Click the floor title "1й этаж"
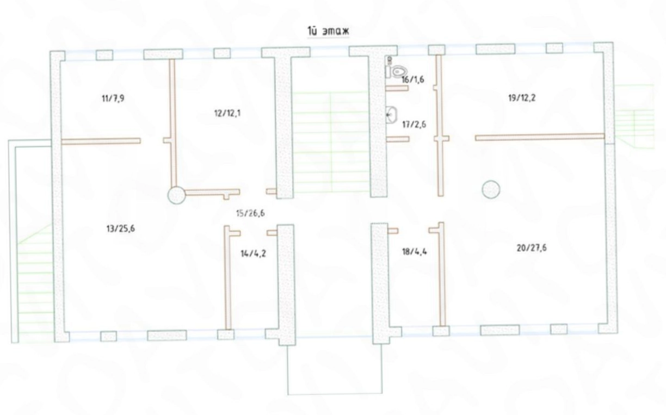328,31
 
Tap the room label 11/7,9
113,98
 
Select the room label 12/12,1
227,113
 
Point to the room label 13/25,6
120,228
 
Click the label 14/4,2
253,253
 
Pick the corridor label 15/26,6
250,213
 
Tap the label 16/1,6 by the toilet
412,79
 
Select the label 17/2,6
414,124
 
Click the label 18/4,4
415,252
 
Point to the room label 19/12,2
522,98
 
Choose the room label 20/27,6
532,248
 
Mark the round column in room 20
491,189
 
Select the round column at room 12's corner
177,195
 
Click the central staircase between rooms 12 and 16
331,142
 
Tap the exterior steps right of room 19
633,116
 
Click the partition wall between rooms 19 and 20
540,137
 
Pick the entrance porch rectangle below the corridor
335,369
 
